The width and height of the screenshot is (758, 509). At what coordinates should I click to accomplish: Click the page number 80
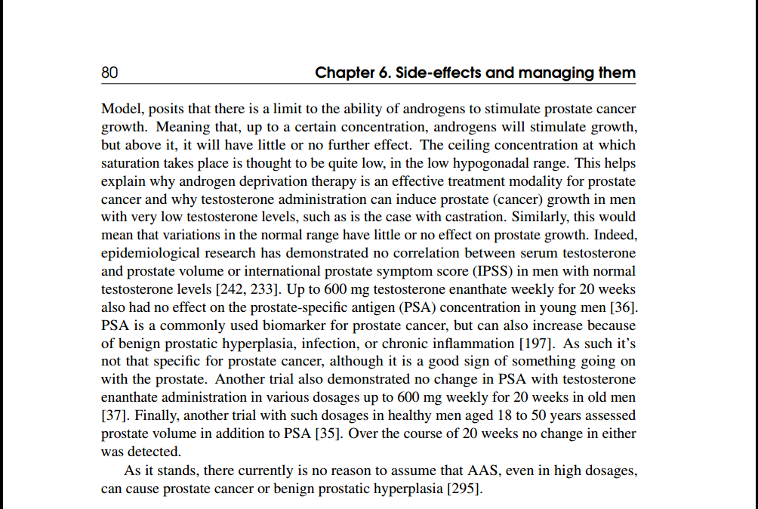[x=109, y=73]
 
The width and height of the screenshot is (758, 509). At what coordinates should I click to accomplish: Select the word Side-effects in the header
[x=440, y=73]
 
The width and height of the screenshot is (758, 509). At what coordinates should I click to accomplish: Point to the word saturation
[x=131, y=163]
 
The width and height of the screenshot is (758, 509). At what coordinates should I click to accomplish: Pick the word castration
[x=480, y=217]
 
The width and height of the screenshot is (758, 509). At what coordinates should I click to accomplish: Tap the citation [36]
[x=624, y=307]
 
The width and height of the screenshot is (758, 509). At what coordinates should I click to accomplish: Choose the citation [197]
[x=541, y=344]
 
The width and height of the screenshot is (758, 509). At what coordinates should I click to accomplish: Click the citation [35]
[x=330, y=433]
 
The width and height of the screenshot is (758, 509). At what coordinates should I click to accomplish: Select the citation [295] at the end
[x=462, y=488]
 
